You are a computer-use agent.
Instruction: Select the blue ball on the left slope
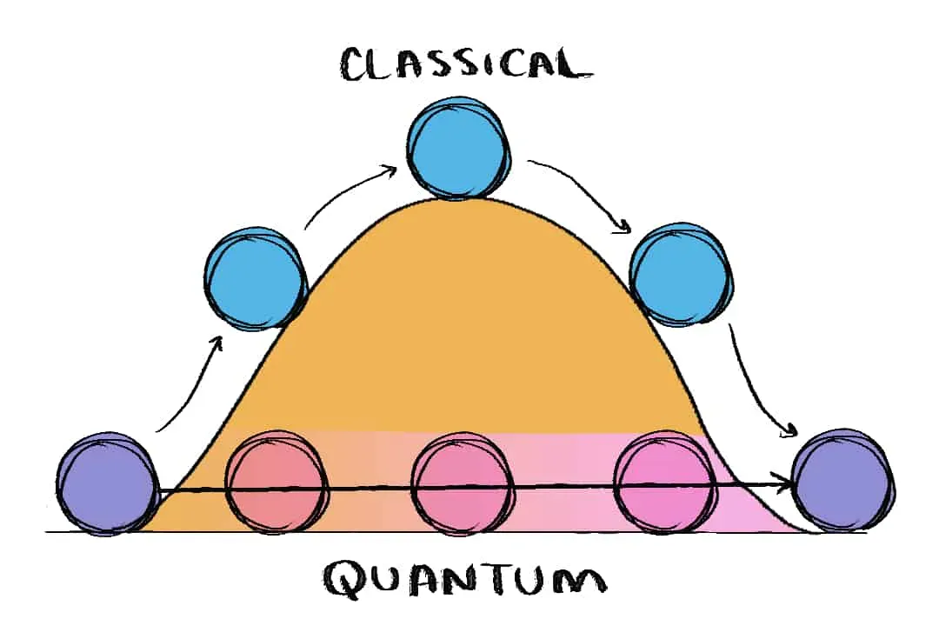tap(256, 276)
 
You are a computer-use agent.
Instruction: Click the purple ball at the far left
tap(106, 482)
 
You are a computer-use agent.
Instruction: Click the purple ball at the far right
tap(844, 480)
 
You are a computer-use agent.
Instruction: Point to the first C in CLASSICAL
tap(356, 65)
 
